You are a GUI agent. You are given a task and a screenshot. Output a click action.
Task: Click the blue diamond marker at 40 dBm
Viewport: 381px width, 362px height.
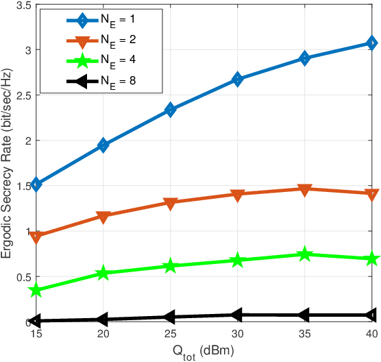371,43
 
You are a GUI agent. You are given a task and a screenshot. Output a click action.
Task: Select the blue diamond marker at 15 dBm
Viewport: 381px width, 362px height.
36,184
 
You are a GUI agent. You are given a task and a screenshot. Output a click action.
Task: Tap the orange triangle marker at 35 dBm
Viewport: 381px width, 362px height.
304,190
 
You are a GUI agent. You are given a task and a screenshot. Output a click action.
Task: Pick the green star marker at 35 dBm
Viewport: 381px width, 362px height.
304,255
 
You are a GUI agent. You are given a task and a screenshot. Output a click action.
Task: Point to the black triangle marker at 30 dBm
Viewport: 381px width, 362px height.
237,315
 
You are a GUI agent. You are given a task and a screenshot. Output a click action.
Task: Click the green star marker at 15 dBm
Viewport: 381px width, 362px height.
36,291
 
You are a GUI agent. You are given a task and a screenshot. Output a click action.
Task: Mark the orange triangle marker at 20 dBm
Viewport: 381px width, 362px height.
103,217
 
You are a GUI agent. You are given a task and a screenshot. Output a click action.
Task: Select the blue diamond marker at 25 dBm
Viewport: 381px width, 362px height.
171,110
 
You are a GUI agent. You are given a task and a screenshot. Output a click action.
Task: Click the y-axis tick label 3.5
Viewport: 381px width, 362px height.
23,5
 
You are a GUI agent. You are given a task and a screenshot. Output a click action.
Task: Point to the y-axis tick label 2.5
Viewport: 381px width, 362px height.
23,95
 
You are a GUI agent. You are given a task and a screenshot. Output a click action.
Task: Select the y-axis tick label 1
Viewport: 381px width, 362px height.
27,232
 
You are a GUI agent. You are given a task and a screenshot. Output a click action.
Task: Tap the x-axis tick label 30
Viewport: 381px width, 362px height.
237,334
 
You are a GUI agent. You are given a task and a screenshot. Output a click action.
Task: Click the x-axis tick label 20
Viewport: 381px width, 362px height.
103,334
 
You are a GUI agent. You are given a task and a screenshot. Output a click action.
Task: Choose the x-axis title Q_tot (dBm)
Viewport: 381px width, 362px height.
204,351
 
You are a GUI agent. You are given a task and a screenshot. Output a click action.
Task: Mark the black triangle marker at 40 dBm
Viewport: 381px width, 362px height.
371,315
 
